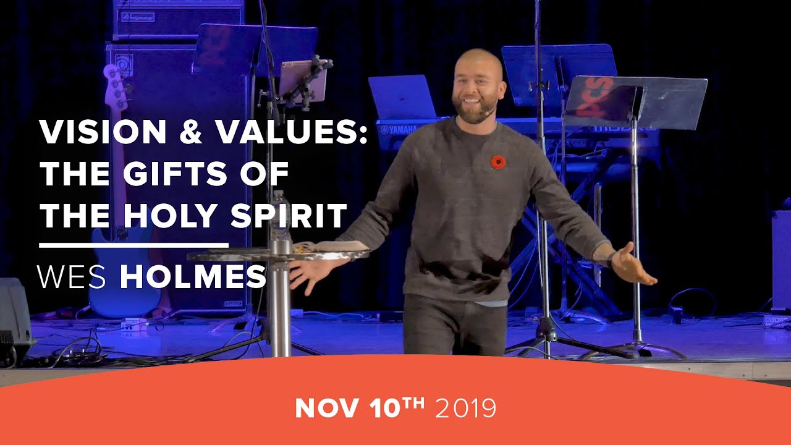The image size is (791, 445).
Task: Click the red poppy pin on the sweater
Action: (498, 162)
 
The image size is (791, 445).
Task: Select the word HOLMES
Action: (193, 277)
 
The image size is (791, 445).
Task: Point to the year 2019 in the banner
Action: (465, 408)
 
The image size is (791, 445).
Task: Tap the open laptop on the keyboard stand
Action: (402, 96)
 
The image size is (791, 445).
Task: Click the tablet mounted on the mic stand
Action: (303, 78)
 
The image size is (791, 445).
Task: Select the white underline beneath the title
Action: (133, 245)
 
